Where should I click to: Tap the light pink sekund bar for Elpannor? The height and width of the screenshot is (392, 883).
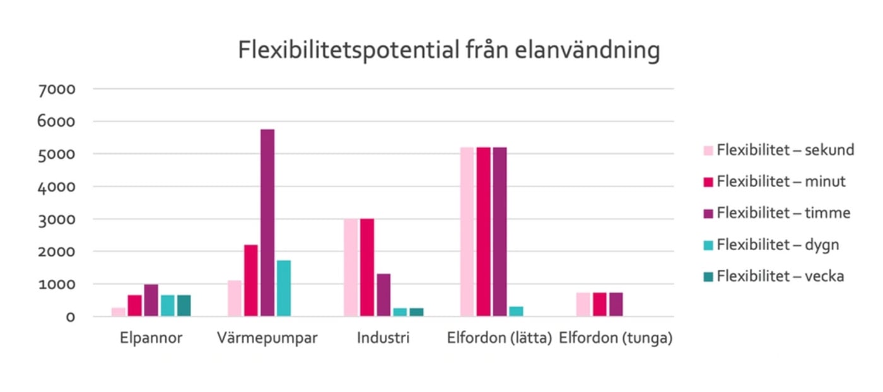click(x=119, y=312)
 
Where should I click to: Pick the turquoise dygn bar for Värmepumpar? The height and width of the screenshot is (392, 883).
click(x=283, y=288)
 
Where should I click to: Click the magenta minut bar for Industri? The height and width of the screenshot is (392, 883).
click(x=367, y=267)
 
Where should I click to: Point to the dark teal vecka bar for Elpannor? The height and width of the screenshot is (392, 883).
click(x=184, y=306)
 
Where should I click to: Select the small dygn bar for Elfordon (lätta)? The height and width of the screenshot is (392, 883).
click(x=516, y=311)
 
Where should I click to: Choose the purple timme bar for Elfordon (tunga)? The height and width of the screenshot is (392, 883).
click(x=616, y=304)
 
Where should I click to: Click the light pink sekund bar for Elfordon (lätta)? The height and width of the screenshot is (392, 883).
click(x=467, y=231)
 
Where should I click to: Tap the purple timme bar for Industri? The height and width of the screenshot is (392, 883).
click(x=383, y=295)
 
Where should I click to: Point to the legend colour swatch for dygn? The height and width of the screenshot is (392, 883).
click(x=708, y=245)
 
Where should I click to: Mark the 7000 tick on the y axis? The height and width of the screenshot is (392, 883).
click(x=57, y=89)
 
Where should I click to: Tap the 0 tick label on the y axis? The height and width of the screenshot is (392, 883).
click(x=71, y=317)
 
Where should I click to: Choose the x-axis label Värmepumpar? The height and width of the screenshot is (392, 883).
click(x=267, y=338)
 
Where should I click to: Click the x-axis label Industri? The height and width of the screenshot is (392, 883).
click(x=383, y=338)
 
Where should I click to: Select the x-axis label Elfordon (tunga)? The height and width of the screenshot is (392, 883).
click(x=616, y=338)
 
